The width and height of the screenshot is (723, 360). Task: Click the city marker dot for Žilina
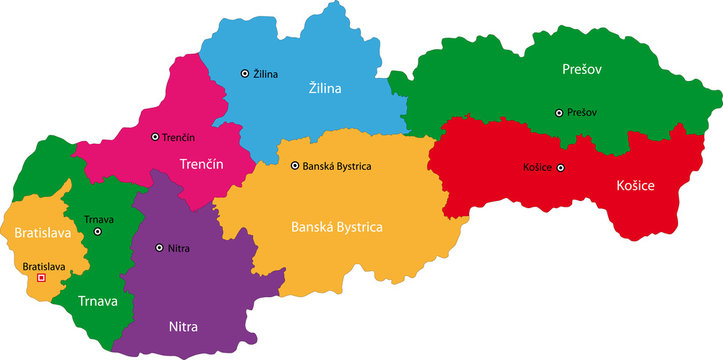pyautogui.click(x=245, y=73)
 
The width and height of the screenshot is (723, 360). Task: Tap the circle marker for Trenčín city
pyautogui.click(x=155, y=137)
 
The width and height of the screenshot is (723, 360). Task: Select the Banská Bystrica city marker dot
pyautogui.click(x=295, y=166)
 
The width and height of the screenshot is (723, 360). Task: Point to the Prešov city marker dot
pyautogui.click(x=559, y=113)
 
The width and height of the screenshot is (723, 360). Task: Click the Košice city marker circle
pyautogui.click(x=561, y=168)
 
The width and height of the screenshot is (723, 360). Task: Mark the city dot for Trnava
pyautogui.click(x=98, y=232)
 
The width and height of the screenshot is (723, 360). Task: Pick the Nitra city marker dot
pyautogui.click(x=159, y=247)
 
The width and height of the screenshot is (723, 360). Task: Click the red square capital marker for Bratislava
pyautogui.click(x=41, y=279)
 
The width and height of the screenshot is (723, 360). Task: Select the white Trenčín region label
pyautogui.click(x=200, y=163)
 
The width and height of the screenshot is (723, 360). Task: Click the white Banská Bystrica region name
pyautogui.click(x=336, y=227)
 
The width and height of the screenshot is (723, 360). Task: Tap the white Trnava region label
pyautogui.click(x=98, y=300)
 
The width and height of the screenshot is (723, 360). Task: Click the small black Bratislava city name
pyautogui.click(x=44, y=267)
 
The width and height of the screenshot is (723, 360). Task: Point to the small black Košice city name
pyautogui.click(x=537, y=168)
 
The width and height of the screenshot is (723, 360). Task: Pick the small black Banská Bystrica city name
pyautogui.click(x=337, y=166)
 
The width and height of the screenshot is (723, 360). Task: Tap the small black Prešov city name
pyautogui.click(x=583, y=113)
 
